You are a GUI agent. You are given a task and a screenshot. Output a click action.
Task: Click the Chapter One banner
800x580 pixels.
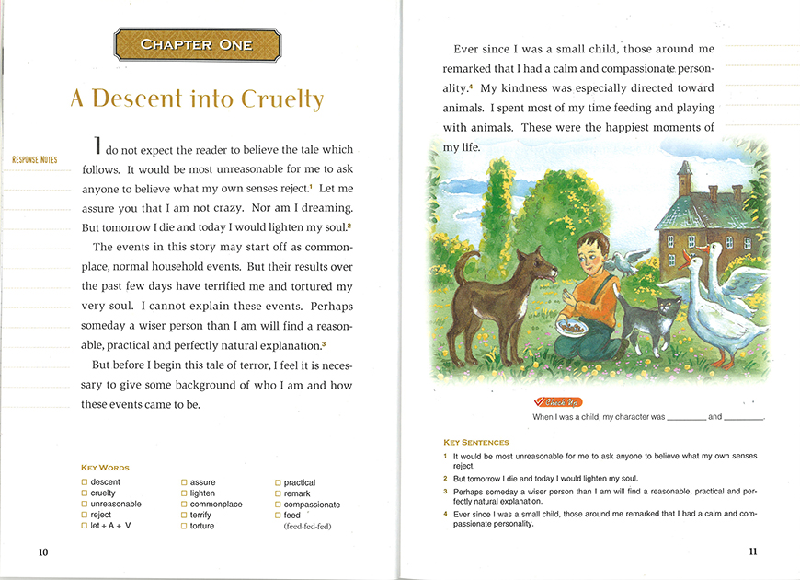[x=197, y=44]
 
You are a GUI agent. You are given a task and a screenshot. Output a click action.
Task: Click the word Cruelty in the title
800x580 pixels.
[x=282, y=99]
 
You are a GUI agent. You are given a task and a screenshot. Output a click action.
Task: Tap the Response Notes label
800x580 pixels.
[x=34, y=160]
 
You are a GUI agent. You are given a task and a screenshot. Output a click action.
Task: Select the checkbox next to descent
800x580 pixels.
[x=85, y=482]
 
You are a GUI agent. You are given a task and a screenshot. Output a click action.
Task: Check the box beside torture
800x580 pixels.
[x=184, y=527]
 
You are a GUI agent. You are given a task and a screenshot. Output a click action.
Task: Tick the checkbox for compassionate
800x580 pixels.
[x=278, y=505]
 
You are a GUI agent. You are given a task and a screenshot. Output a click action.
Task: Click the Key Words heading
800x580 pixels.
[x=105, y=468]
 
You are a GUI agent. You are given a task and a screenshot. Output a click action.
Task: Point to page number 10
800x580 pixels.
[x=43, y=551]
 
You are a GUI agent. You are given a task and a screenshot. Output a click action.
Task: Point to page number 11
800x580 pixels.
[x=752, y=551]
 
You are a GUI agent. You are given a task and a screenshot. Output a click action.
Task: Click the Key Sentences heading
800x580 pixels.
[x=475, y=443]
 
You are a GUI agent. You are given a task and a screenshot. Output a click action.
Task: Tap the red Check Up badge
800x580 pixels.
[x=558, y=402]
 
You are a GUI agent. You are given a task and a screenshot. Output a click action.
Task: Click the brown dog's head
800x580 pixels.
[x=540, y=268]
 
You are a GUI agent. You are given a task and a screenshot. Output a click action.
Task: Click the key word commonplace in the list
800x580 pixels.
[x=216, y=505]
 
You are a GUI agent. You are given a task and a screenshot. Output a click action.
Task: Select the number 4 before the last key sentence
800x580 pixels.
[x=445, y=513]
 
